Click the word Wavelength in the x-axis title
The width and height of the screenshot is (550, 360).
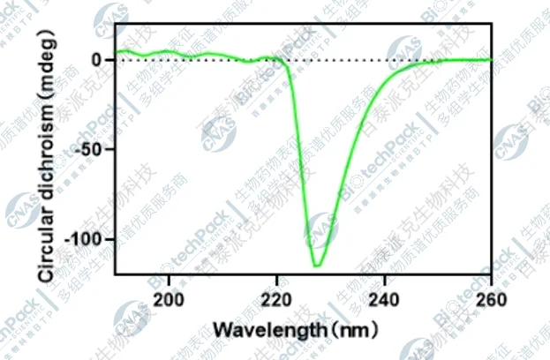click(267, 331)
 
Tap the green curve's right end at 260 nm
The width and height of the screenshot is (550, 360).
click(491, 59)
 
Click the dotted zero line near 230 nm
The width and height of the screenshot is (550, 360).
click(330, 60)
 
